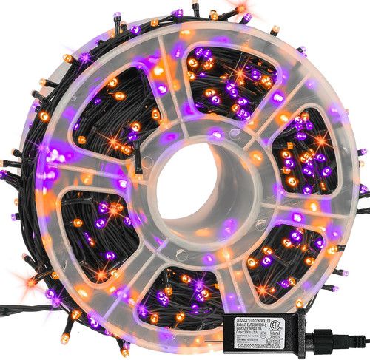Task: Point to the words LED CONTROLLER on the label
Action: tap(270, 305)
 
